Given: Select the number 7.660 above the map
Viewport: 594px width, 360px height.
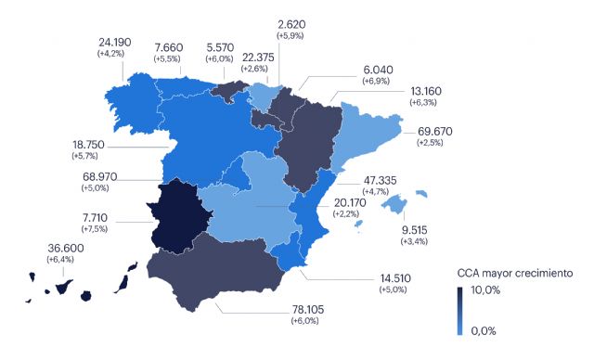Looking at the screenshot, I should [171, 46].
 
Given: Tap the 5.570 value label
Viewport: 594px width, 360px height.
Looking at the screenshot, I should [224, 46].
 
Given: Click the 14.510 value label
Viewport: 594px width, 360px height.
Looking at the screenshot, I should [395, 277].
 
